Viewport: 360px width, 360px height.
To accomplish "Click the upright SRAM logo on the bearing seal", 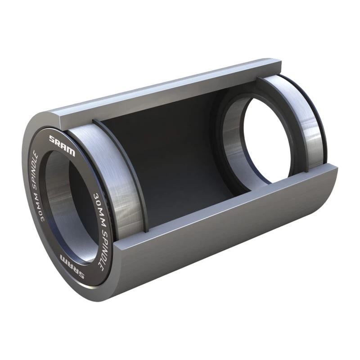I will pyautogui.click(x=62, y=145).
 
